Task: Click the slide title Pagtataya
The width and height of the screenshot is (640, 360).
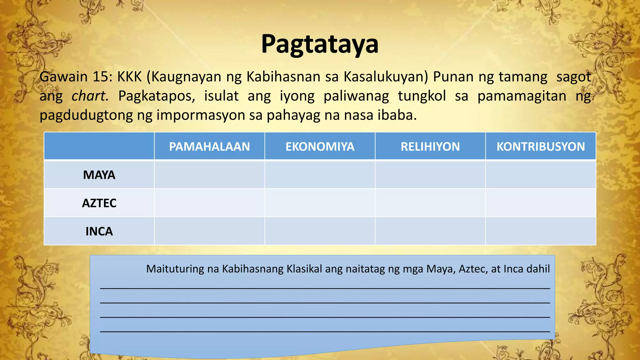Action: pyautogui.click(x=320, y=44)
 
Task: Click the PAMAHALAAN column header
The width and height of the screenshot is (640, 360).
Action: pyautogui.click(x=209, y=147)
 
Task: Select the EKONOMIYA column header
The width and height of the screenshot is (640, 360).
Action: pyautogui.click(x=320, y=147)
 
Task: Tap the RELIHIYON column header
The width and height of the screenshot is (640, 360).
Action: pyautogui.click(x=430, y=147)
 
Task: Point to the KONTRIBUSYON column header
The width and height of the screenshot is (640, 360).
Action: pyautogui.click(x=541, y=147)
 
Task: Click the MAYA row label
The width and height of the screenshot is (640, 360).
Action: pyautogui.click(x=99, y=175)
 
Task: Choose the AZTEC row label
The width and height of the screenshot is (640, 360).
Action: pyautogui.click(x=99, y=203)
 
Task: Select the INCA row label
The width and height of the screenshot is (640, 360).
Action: pyautogui.click(x=99, y=232)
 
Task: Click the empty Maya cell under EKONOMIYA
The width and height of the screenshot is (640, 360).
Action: pyautogui.click(x=320, y=174)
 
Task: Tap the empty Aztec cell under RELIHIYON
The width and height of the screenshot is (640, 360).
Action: pyautogui.click(x=430, y=203)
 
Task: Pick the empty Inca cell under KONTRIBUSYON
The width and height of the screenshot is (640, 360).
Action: pyautogui.click(x=541, y=231)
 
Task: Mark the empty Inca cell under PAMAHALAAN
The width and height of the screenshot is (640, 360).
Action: pyautogui.click(x=209, y=231)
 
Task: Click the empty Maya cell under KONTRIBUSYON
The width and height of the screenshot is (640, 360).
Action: pyautogui.click(x=541, y=174)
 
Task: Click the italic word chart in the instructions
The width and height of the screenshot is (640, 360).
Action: pyautogui.click(x=90, y=96)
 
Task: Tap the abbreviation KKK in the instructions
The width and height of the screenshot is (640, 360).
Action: pyautogui.click(x=129, y=77)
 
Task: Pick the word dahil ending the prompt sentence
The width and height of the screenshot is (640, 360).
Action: pyautogui.click(x=538, y=269)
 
